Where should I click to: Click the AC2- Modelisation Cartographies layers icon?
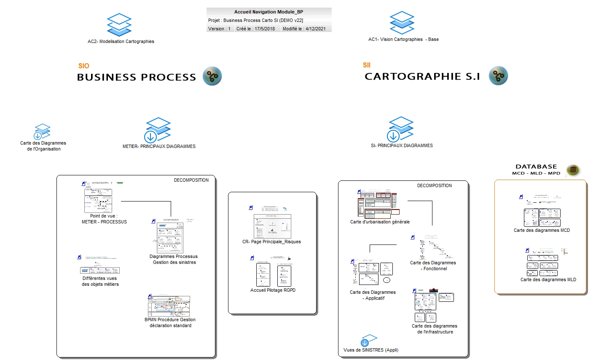[x=119, y=25]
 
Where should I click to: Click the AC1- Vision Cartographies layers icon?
[x=402, y=23]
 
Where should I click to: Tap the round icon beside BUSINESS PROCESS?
[x=212, y=76]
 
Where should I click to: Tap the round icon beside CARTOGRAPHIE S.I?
[x=498, y=76]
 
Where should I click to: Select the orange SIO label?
[x=84, y=66]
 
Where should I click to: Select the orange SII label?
[x=367, y=65]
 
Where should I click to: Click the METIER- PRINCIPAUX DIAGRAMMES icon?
[x=158, y=130]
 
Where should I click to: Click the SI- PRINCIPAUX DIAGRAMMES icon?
[x=400, y=129]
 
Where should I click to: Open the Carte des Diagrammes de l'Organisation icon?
[x=42, y=132]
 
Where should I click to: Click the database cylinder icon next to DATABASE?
[x=572, y=170]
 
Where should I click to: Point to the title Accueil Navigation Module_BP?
[x=268, y=12]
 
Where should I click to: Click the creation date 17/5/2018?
[x=265, y=29]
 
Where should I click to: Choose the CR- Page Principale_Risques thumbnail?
[x=272, y=226]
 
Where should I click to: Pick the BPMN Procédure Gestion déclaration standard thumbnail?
[x=169, y=306]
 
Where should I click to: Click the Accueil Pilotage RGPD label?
[x=273, y=290]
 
